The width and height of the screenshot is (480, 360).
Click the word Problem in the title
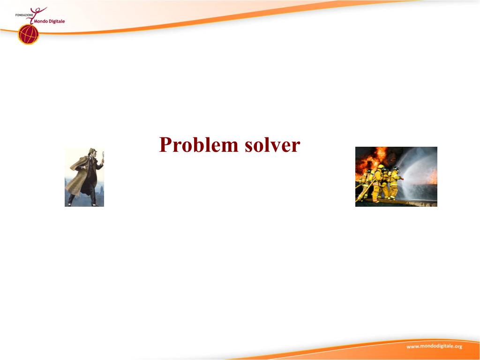(199, 145)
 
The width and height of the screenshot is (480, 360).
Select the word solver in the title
(272, 144)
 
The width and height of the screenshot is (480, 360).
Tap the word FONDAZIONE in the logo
(24, 15)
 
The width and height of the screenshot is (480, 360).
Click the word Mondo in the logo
(41, 22)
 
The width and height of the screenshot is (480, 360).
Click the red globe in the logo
(29, 34)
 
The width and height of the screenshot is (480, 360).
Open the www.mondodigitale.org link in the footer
(434, 346)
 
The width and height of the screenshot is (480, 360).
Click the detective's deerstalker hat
(92, 151)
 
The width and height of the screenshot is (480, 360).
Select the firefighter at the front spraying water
(394, 183)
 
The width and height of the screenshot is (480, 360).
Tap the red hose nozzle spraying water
(402, 178)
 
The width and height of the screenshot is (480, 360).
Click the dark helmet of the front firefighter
(396, 168)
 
